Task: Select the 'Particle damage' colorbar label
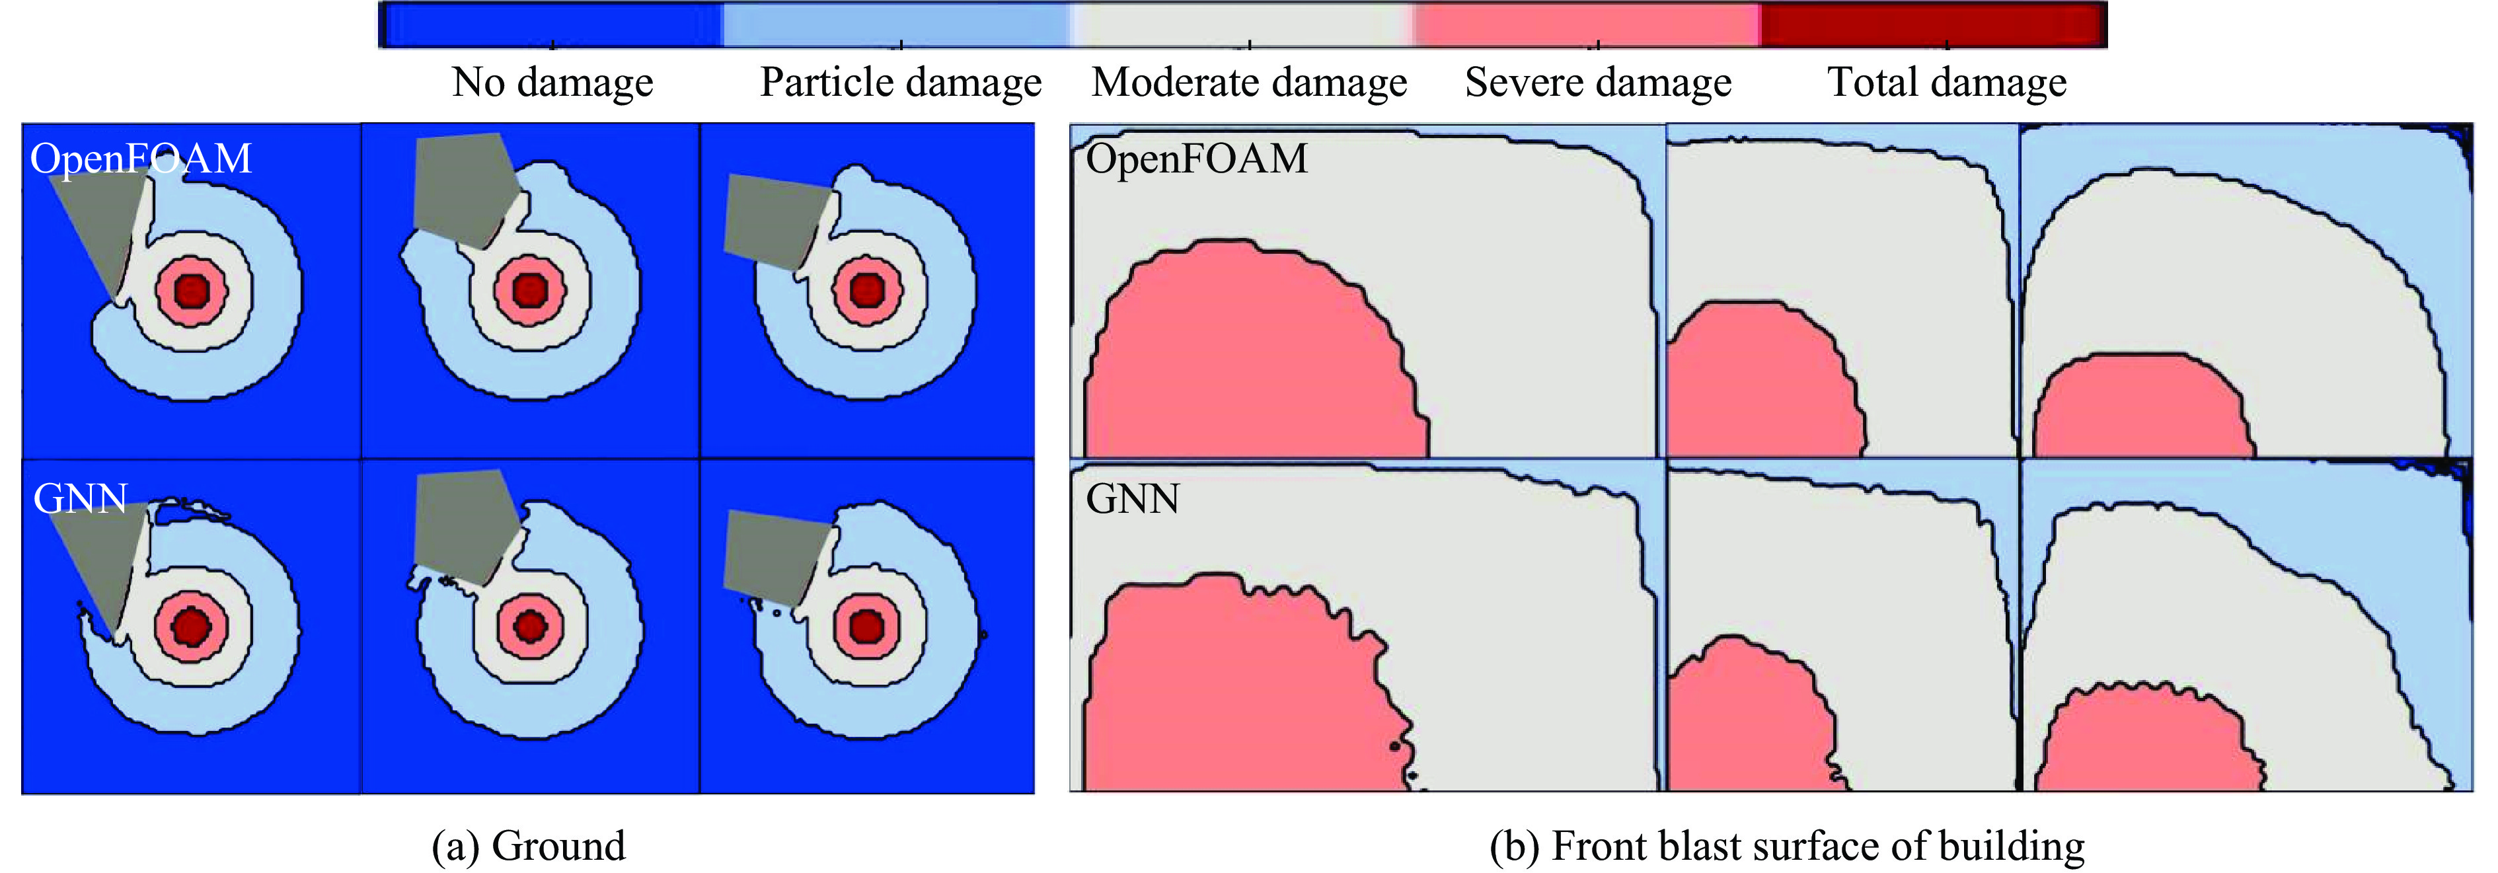(901, 83)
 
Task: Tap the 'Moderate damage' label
(1249, 83)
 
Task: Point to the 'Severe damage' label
(1598, 83)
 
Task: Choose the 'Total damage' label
(1948, 83)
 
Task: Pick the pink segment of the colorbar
(1587, 24)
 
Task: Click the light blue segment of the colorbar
(897, 24)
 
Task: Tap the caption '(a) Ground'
(529, 846)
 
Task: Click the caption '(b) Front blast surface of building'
(1787, 846)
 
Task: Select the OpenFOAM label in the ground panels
(141, 158)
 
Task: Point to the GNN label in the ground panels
(81, 498)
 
